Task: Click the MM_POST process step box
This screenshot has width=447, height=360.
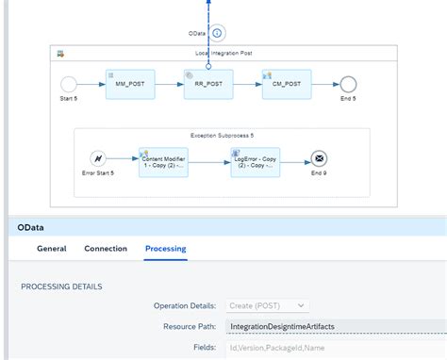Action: [x=129, y=85]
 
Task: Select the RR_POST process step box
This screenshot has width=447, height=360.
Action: [x=207, y=85]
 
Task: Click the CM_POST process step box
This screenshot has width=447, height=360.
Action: [x=286, y=85]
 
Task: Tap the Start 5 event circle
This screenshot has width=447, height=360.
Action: [x=68, y=85]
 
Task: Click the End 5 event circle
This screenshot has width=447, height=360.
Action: [x=348, y=85]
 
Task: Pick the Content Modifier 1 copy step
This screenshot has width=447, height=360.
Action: [x=163, y=162]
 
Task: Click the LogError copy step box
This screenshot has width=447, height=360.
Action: [x=255, y=162]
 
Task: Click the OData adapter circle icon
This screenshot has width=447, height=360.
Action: [x=217, y=34]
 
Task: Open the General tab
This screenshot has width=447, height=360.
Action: [x=51, y=249]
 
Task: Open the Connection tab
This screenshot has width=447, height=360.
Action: [x=106, y=249]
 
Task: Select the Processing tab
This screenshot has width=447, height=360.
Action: [x=165, y=249]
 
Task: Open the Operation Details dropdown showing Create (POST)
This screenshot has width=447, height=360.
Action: [x=267, y=305]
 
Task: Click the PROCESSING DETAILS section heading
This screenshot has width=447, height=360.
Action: [x=61, y=286]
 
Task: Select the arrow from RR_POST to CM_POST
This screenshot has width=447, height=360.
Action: [x=246, y=85]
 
